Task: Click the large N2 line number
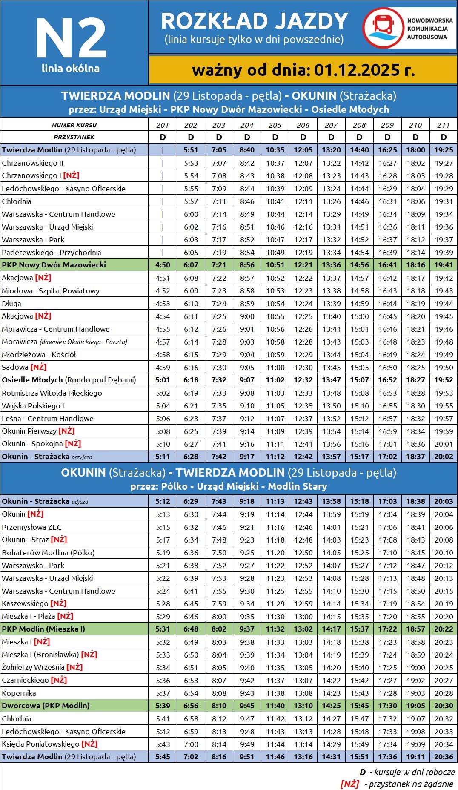[x=71, y=38]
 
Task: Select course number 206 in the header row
[x=303, y=125]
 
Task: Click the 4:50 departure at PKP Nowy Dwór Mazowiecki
[x=163, y=265]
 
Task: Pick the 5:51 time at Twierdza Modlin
[x=191, y=150]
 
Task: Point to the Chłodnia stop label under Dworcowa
[x=17, y=718]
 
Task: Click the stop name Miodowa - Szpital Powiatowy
[x=51, y=291]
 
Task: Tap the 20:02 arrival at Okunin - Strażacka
[x=444, y=457]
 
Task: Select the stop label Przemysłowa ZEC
[x=31, y=527]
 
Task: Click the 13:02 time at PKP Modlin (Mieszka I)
[x=303, y=629]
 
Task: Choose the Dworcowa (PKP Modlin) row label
[x=46, y=706]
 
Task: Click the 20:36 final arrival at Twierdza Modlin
[x=444, y=757]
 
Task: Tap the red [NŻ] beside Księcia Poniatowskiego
[x=89, y=744]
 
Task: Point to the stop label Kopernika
[x=19, y=693]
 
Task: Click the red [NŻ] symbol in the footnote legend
[x=349, y=784]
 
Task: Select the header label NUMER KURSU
[x=74, y=125]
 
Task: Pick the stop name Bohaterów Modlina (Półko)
[x=48, y=552]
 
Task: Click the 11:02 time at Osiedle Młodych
[x=275, y=380]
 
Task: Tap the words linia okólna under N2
[x=71, y=68]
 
